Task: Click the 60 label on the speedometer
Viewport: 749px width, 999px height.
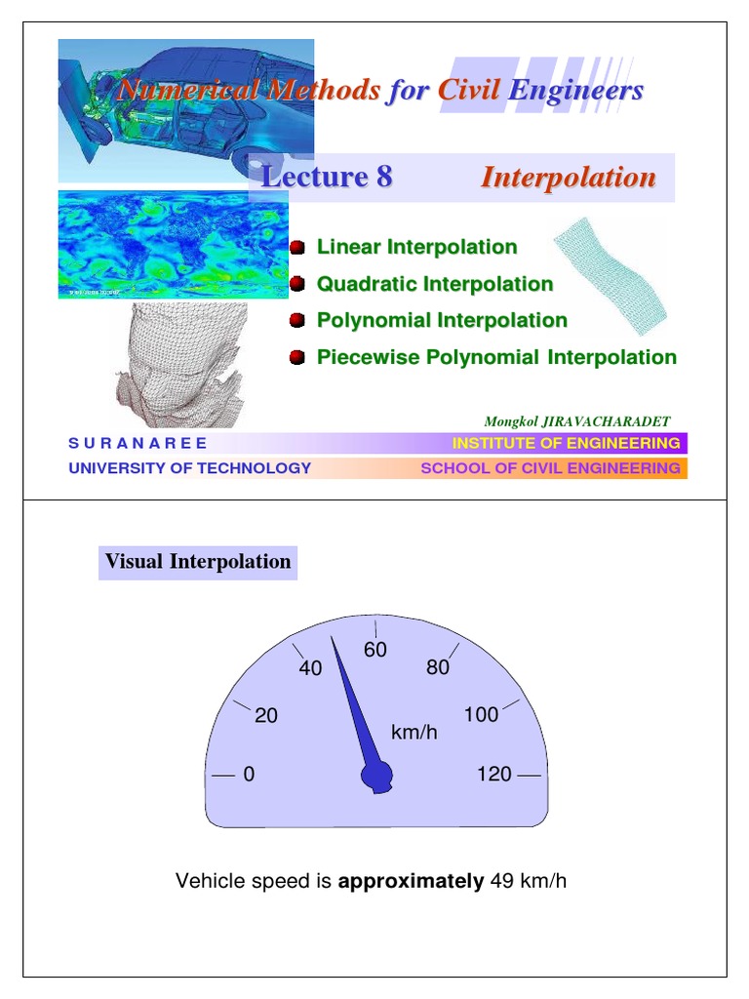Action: (375, 650)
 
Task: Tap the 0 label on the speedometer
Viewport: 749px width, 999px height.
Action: (249, 775)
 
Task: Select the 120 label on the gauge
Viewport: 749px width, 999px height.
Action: (493, 775)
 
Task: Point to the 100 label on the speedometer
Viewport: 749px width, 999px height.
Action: (481, 715)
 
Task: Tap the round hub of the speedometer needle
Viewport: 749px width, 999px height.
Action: (376, 777)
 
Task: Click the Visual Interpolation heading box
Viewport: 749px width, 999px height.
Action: (198, 562)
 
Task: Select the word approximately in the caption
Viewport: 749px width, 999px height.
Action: (411, 882)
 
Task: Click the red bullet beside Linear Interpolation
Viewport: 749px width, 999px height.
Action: (298, 248)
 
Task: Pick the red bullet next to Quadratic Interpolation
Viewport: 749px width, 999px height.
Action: (298, 284)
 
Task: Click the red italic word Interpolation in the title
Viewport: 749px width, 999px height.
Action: (569, 178)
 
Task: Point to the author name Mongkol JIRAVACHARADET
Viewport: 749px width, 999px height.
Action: (577, 421)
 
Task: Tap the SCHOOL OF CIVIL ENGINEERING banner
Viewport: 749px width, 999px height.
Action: (550, 468)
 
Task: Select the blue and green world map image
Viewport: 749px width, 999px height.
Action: (174, 244)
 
